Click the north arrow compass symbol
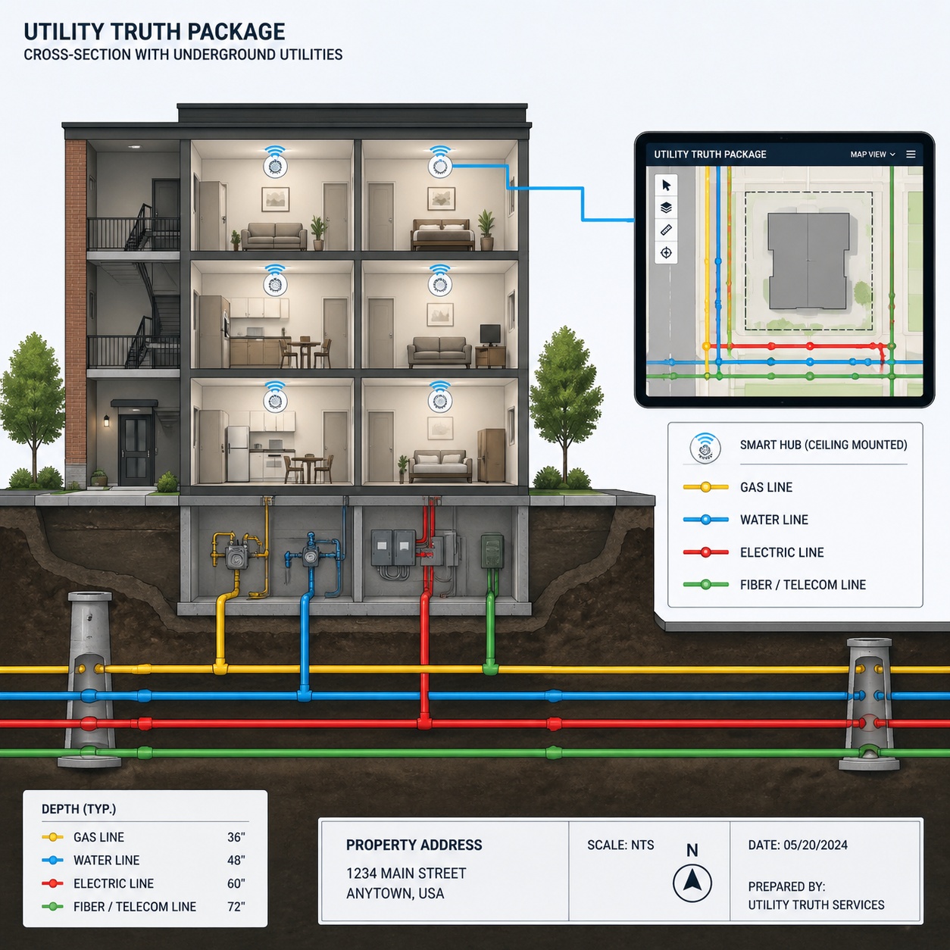tap(692, 882)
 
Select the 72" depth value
tap(236, 906)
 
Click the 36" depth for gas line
tap(236, 837)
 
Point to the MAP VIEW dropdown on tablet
tap(872, 155)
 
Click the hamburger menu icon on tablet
tap(911, 155)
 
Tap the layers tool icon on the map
tap(666, 208)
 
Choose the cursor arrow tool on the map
tap(666, 186)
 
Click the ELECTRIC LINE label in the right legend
tap(781, 552)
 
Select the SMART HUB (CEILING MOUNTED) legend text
tap(823, 445)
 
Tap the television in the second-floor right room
tap(490, 333)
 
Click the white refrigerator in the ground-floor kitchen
tap(237, 453)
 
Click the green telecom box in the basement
tap(492, 552)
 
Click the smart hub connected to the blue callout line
tap(439, 166)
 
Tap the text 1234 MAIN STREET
tap(406, 873)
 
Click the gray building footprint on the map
tap(808, 260)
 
